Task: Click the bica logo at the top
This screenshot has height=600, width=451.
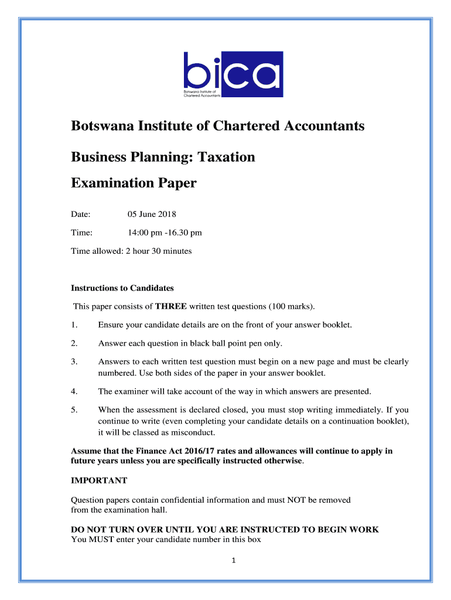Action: coord(233,74)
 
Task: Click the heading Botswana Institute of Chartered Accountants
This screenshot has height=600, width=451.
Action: coord(217,126)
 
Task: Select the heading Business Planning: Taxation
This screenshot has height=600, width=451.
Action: coord(163,157)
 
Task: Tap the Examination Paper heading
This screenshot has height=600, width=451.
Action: coord(134,183)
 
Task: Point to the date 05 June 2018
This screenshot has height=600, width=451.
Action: coord(152,214)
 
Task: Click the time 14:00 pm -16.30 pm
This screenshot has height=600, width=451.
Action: coord(165,233)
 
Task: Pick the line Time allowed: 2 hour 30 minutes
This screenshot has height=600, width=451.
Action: coord(131,251)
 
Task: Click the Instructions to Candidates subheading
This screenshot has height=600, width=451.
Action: coord(122,288)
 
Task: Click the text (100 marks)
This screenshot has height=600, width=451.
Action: coord(292,306)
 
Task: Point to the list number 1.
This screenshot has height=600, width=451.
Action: coord(74,325)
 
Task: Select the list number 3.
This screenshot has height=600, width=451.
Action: coord(74,362)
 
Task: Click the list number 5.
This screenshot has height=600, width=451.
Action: coord(74,410)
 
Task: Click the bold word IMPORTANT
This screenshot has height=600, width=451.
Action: coord(99,480)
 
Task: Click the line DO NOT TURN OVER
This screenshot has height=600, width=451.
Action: coord(225,529)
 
